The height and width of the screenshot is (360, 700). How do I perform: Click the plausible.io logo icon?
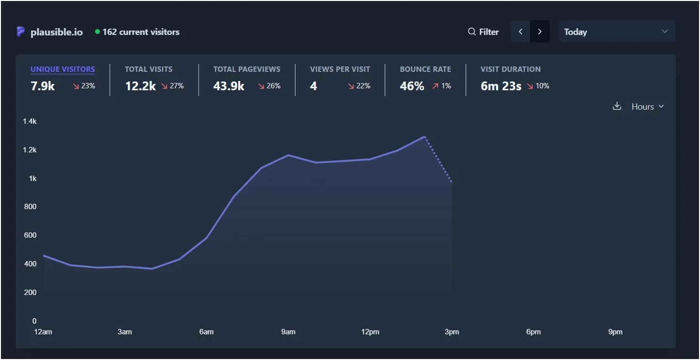point(20,32)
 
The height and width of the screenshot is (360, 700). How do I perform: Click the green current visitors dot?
point(98,32)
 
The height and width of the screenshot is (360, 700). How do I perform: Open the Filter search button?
point(483,32)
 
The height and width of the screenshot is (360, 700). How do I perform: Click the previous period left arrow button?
point(521,32)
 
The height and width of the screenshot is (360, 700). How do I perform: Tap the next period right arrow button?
point(540,32)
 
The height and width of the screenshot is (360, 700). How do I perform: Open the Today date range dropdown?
point(617,32)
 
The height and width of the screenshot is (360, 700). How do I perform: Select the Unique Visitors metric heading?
point(63,69)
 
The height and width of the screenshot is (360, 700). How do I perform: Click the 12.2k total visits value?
point(140,86)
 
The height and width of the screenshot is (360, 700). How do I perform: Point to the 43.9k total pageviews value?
point(228,86)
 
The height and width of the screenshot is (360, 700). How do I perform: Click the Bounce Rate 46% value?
point(412,86)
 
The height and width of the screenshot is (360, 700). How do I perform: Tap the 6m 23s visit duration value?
point(501,86)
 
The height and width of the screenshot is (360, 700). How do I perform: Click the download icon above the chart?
point(617,106)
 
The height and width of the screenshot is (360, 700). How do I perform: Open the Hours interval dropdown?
point(647,107)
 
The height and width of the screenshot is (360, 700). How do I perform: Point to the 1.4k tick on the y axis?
point(30,121)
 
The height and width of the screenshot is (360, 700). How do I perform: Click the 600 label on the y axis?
point(31,235)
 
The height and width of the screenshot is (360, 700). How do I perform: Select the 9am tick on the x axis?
point(288,332)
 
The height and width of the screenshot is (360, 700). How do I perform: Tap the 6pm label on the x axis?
point(533,332)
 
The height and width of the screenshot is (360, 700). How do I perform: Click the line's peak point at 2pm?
point(424,137)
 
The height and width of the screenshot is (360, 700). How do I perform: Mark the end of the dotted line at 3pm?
point(452,182)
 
